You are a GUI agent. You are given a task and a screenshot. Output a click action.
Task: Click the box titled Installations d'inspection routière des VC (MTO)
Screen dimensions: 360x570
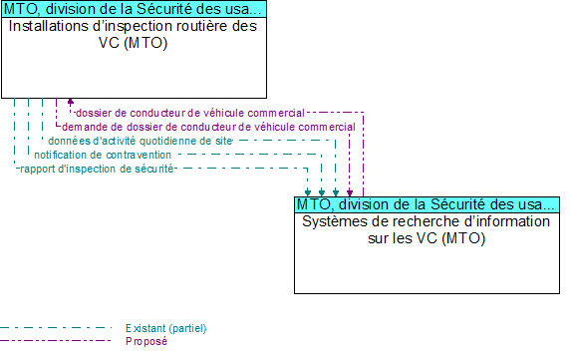[134, 60]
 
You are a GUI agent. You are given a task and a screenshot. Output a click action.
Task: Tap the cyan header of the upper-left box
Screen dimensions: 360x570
[134, 9]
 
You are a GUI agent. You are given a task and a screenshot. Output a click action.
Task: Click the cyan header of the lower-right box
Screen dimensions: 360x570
[427, 203]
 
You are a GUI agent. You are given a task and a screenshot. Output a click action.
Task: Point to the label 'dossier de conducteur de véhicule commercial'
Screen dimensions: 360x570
[190, 114]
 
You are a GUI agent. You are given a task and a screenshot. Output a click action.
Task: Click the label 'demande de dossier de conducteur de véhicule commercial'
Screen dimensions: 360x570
[208, 128]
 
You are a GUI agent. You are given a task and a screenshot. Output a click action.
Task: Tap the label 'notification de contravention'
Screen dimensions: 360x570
[103, 156]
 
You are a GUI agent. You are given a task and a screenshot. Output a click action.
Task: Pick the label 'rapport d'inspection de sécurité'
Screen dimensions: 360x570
[98, 170]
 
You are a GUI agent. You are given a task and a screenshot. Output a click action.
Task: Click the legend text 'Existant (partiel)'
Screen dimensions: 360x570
[166, 328]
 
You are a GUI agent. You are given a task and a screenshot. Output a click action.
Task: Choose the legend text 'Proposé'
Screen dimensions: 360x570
[146, 341]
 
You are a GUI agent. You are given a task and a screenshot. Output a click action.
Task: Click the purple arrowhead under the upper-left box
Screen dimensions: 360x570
[70, 102]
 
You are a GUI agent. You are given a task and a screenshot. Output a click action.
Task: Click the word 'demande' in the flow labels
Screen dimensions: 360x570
[81, 128]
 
